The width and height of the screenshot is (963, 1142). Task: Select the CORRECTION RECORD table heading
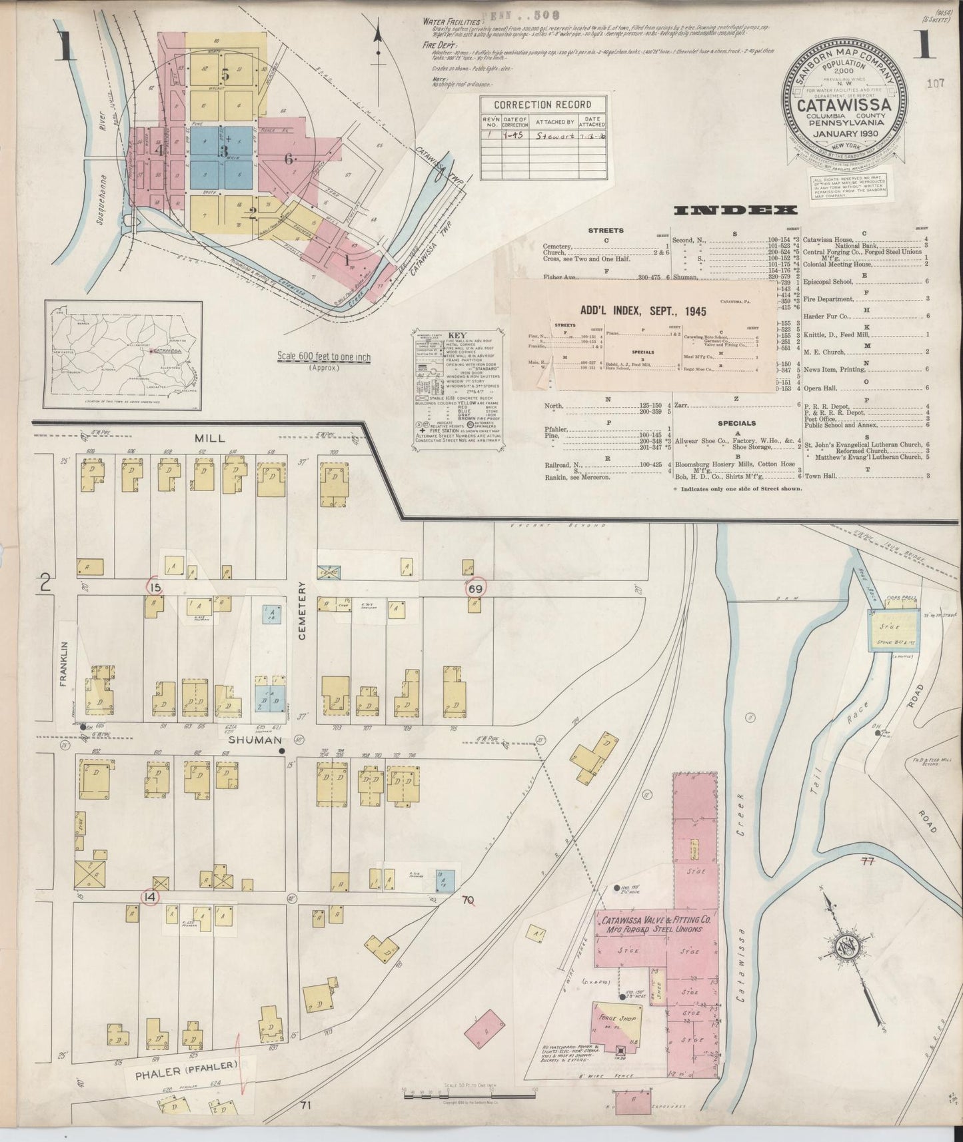pos(542,105)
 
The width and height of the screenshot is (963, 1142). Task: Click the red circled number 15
pos(155,586)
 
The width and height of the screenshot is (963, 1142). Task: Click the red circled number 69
pos(476,588)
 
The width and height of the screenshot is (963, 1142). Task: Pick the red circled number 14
pos(151,897)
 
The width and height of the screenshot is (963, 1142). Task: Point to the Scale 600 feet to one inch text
pos(323,357)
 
